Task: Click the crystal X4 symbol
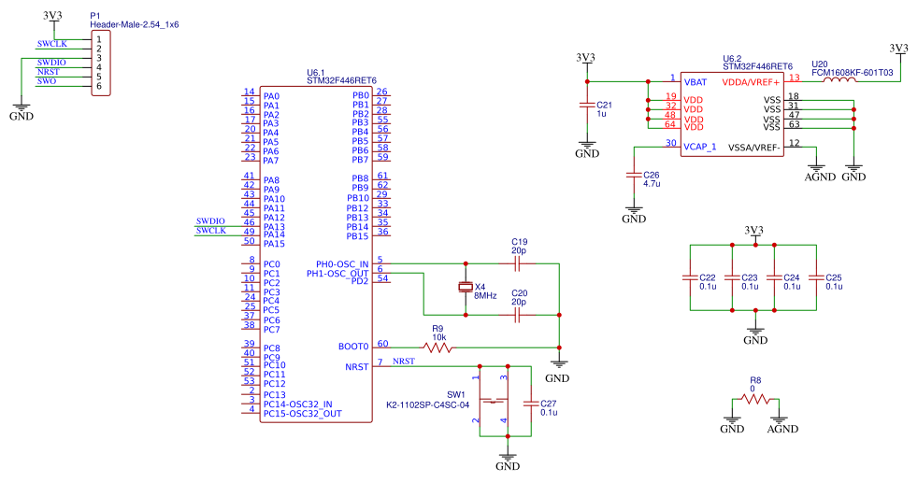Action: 465,288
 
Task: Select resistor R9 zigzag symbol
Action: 437,347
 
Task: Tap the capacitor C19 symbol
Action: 518,264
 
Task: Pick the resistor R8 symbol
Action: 755,398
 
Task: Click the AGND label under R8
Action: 782,430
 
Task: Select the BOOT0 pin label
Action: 353,347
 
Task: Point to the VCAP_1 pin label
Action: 700,147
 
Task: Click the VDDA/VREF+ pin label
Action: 757,82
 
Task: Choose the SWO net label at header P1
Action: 47,82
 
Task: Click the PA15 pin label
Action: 275,243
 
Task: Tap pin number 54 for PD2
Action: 382,277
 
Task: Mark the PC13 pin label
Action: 275,394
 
